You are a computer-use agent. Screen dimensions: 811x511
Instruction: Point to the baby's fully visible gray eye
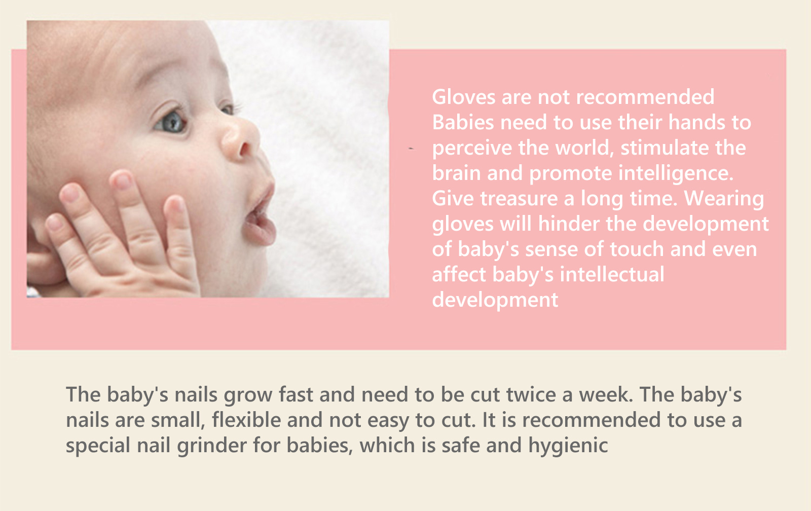pos(171,122)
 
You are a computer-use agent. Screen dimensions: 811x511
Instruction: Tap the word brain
pos(456,173)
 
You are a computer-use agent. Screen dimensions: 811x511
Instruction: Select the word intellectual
pos(612,274)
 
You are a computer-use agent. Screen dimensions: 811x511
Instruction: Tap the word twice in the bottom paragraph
pos(531,394)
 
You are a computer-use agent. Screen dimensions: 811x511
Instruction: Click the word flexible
pos(246,420)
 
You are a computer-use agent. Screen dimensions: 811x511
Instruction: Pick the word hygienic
pos(568,446)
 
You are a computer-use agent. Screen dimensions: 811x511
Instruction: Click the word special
pos(98,446)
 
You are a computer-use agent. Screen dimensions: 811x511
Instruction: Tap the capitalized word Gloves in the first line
pos(464,97)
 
